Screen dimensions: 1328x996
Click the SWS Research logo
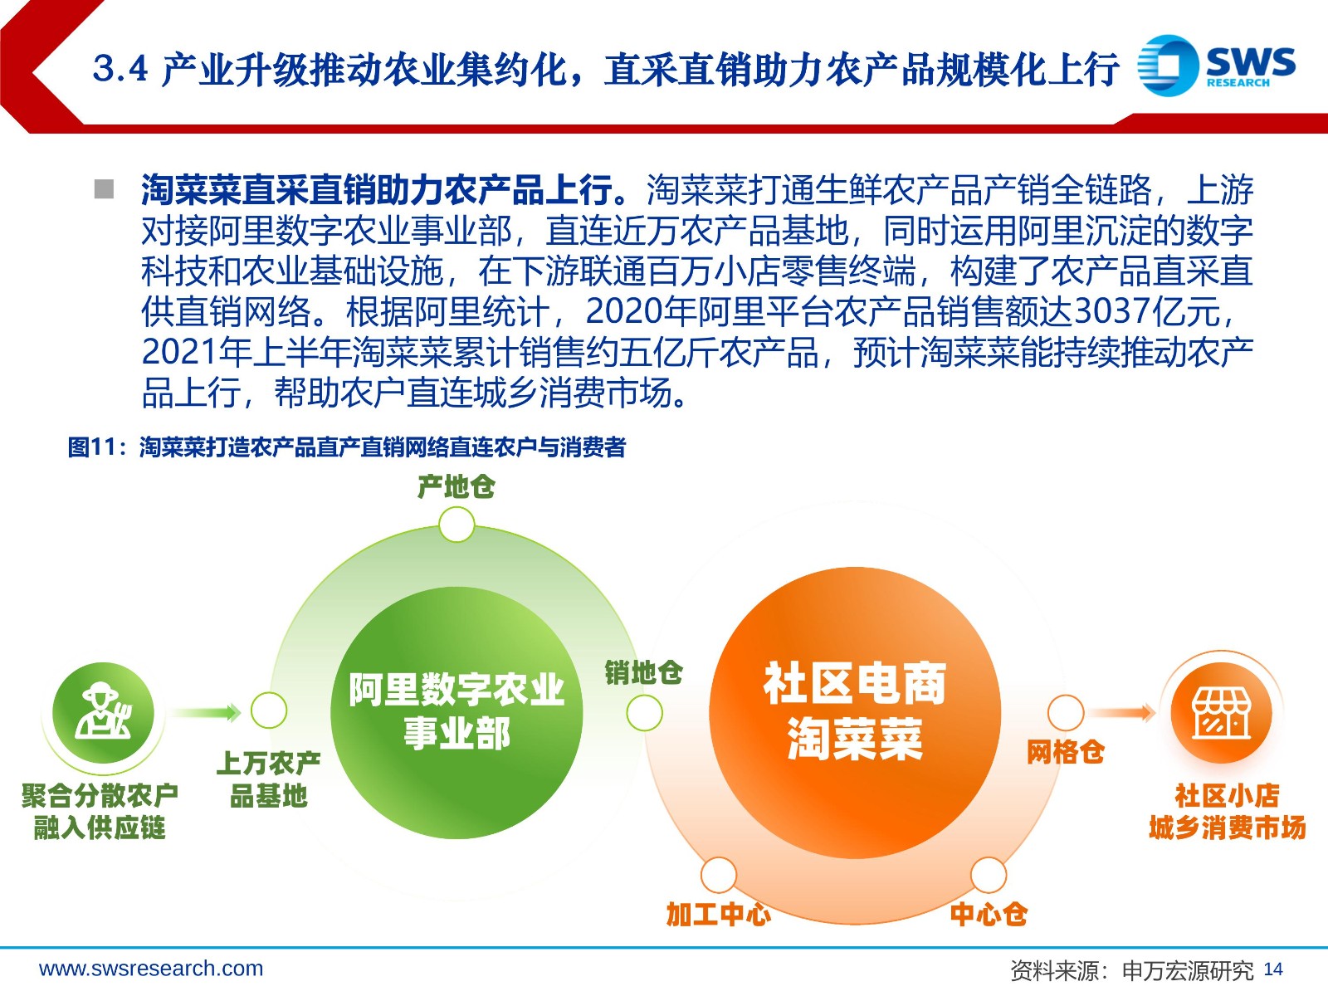(x=1216, y=66)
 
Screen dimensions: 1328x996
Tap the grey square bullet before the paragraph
(x=104, y=189)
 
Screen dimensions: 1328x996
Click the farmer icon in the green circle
(x=103, y=712)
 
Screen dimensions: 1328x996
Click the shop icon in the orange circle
(x=1221, y=713)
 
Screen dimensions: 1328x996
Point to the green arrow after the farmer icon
(x=206, y=712)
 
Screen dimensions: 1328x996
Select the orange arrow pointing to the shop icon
(x=1123, y=712)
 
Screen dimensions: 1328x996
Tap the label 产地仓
(x=456, y=487)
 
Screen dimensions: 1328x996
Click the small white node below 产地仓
(x=456, y=525)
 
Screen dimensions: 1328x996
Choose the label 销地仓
(x=644, y=672)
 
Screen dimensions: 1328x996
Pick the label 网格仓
(x=1066, y=753)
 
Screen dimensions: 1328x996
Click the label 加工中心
(x=719, y=915)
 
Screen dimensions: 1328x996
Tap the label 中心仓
(x=989, y=915)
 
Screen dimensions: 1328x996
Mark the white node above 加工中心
(x=719, y=875)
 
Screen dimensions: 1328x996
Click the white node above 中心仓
(x=989, y=875)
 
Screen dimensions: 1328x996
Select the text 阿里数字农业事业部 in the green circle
(x=456, y=712)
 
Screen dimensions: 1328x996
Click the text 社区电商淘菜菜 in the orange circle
(x=855, y=712)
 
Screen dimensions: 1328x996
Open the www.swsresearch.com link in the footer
(x=151, y=969)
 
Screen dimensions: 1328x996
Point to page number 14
(x=1273, y=969)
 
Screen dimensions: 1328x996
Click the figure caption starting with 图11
(x=347, y=447)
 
